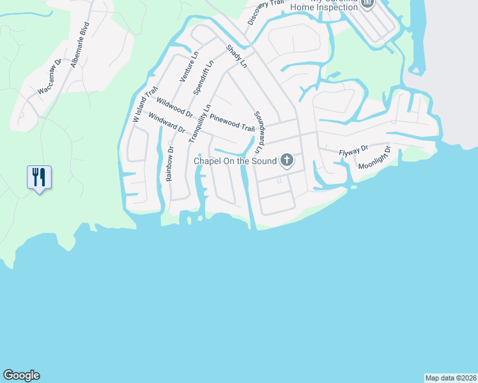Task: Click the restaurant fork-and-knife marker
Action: pyautogui.click(x=39, y=177)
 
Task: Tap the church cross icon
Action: pyautogui.click(x=287, y=160)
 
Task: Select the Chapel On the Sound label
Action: pyautogui.click(x=235, y=161)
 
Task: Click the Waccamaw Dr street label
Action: pyautogui.click(x=49, y=77)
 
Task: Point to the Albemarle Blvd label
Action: pyautogui.click(x=79, y=45)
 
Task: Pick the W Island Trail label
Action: pyautogui.click(x=144, y=105)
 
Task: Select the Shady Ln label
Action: pyautogui.click(x=235, y=56)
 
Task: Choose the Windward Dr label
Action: pyautogui.click(x=166, y=123)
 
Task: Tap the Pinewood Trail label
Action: pyautogui.click(x=232, y=123)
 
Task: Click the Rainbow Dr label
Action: pyautogui.click(x=170, y=165)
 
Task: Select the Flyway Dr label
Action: pyautogui.click(x=353, y=151)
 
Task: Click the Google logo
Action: pyautogui.click(x=21, y=375)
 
